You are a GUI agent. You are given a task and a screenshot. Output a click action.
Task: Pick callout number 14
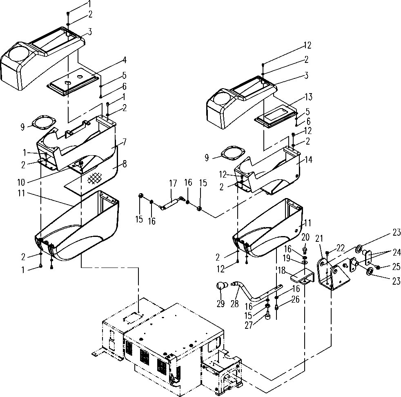308,161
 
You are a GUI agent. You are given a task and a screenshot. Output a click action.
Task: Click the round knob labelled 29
221,285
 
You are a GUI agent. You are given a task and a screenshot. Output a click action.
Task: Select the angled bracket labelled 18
302,277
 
